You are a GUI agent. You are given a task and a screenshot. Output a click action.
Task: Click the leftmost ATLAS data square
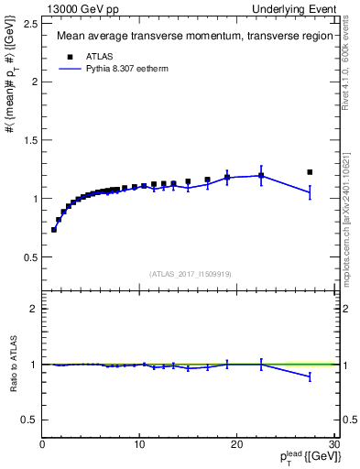[54, 229]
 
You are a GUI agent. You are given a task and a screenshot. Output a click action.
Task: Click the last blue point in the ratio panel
[310, 376]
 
